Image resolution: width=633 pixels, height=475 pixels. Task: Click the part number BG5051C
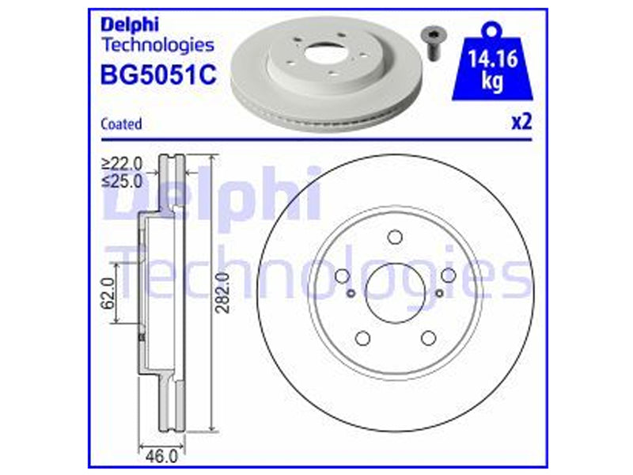[158, 74]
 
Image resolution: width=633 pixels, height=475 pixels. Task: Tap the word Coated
[121, 123]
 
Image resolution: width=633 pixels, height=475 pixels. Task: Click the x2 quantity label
[522, 122]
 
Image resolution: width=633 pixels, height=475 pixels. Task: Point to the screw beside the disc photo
[432, 44]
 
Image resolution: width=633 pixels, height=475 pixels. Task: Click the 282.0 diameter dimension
[222, 293]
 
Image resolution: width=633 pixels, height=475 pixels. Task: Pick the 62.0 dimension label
[108, 294]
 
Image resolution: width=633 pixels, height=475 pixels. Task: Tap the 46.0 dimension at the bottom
[161, 457]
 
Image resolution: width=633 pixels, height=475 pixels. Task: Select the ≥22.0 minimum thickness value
[123, 164]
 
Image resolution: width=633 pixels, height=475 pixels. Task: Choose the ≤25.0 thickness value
[123, 181]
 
